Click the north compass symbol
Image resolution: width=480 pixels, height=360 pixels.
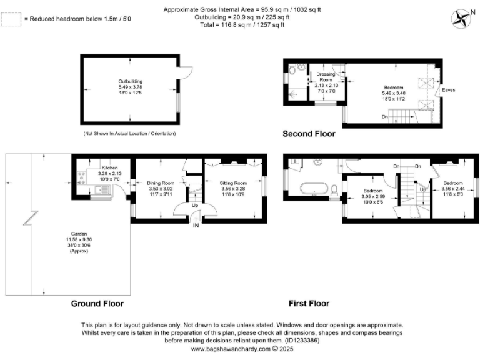tap(463, 17)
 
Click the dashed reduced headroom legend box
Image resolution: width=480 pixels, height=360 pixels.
tap(11, 19)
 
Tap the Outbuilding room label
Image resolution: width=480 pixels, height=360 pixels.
tap(131, 81)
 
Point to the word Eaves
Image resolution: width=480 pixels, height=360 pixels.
tap(449, 90)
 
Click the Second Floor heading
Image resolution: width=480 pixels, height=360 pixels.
tap(309, 134)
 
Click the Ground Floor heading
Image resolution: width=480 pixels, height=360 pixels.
tap(97, 304)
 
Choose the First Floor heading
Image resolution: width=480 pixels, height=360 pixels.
tap(309, 304)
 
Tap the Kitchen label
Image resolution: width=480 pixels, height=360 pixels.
tap(110, 168)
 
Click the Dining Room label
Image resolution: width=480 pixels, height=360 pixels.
tap(160, 183)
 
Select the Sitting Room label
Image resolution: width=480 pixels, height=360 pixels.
tap(234, 183)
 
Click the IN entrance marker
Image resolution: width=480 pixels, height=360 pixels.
tap(196, 225)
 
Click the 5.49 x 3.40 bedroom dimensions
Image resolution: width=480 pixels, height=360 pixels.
tap(394, 93)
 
